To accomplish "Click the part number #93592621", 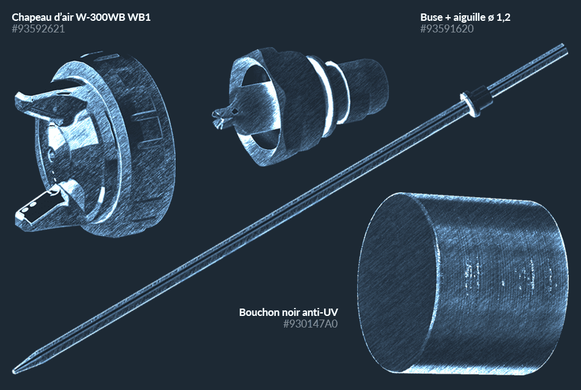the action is point(38,29).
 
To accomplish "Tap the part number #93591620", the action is point(447,29).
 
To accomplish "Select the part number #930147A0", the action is point(311,324).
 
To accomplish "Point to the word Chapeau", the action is point(31,17).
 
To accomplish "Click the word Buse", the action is point(431,17).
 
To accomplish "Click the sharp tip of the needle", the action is point(14,370).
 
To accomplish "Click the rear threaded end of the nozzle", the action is point(367,88).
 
